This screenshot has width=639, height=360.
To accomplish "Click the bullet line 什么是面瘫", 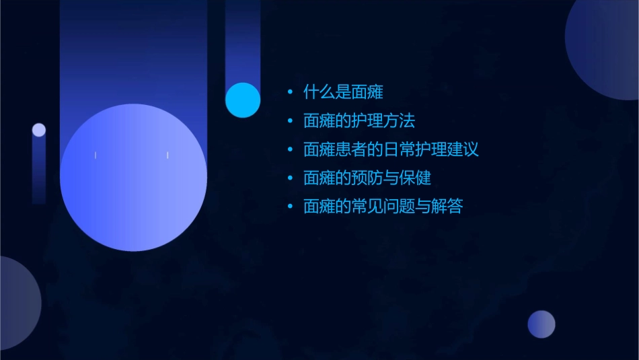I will (x=343, y=92).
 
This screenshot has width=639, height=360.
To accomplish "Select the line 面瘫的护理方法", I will (x=359, y=120).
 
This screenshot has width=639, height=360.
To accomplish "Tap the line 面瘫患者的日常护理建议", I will (x=391, y=149).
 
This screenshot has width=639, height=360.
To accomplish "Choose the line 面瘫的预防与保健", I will (x=367, y=178).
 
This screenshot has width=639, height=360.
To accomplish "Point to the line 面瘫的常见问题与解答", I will (x=383, y=207).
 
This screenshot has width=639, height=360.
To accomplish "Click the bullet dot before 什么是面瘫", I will (x=289, y=92).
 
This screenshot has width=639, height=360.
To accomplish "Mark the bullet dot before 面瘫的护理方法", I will (x=289, y=121).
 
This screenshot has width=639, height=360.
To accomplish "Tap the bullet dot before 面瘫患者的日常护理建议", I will (x=289, y=149).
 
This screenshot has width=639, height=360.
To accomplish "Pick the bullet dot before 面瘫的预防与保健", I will (x=289, y=178).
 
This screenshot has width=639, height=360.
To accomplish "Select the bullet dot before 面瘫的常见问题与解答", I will (x=289, y=207).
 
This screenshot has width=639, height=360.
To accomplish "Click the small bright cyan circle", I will (x=243, y=100).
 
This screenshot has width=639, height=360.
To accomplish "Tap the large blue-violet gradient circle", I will (x=133, y=178).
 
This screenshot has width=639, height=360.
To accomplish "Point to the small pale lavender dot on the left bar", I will (x=39, y=130).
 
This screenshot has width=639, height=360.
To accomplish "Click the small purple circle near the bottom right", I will (x=541, y=324).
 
